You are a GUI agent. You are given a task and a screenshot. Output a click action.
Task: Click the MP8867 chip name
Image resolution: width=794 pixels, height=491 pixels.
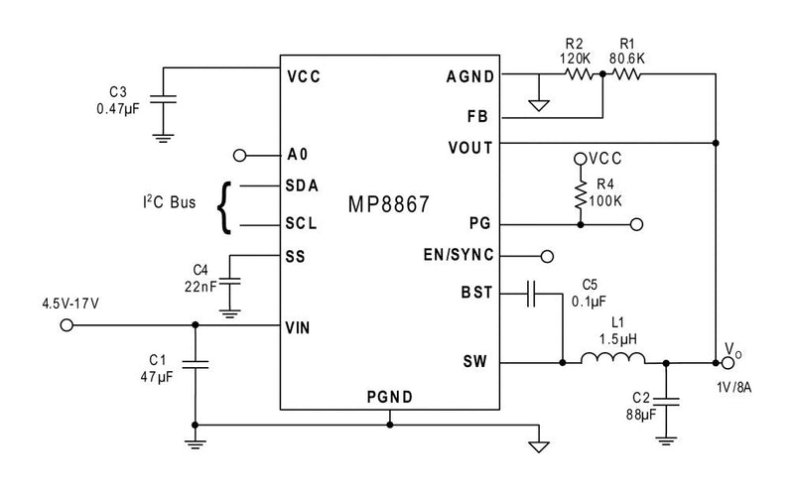[x=388, y=205]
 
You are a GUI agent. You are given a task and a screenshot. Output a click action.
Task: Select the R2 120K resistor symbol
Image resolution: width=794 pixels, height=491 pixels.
[x=578, y=75]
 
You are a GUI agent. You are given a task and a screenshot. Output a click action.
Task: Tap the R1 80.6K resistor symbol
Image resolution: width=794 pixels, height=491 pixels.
[x=627, y=75]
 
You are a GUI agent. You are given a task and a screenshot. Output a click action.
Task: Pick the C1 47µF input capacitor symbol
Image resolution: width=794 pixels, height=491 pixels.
[x=195, y=364]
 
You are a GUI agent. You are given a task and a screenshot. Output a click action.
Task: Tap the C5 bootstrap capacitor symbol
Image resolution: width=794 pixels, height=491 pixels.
[x=534, y=292]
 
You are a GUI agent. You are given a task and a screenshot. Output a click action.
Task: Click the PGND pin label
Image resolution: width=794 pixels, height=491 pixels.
[x=389, y=398]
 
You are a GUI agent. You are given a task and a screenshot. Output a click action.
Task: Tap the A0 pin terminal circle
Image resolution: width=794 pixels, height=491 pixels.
[x=238, y=155]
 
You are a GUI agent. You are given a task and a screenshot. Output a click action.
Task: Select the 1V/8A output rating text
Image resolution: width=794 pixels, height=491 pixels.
[x=732, y=386]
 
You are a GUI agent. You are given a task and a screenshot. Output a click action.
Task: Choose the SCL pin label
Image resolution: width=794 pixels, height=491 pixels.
[x=301, y=224]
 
